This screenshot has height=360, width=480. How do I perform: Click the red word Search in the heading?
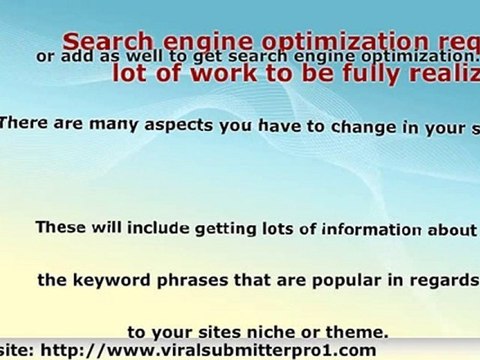[x=105, y=42]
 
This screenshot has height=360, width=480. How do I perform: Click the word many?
[x=104, y=126]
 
